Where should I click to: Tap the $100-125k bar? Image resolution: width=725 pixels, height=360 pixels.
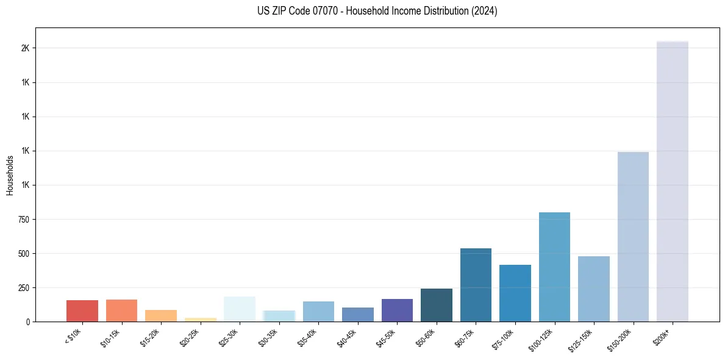coord(554,267)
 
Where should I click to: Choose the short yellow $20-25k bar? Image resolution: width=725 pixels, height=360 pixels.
coord(201,319)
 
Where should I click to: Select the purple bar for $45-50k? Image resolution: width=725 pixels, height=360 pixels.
coord(397,310)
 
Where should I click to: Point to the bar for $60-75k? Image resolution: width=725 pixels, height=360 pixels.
coord(476,285)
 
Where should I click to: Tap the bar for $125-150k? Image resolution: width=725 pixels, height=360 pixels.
coord(594,289)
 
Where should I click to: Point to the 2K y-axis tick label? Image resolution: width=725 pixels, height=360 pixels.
coord(26,48)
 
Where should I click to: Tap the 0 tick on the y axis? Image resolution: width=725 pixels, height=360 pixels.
coord(28,322)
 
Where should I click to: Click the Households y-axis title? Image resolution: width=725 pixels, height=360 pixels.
coord(10,175)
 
